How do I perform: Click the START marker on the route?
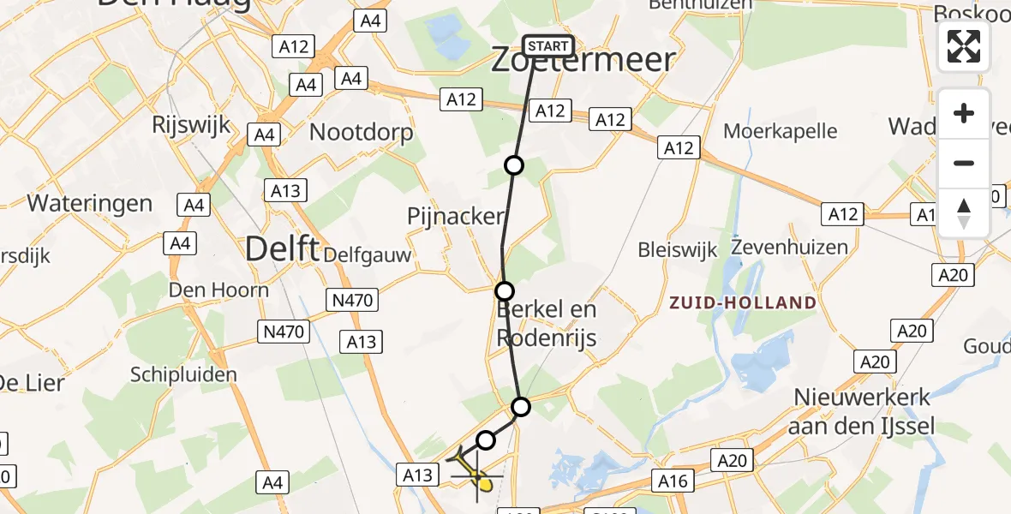pos(547,46)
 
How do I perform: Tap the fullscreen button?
pos(964,46)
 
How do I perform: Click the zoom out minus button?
pos(964,163)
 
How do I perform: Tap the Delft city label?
pos(282,249)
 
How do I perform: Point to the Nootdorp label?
pos(361,132)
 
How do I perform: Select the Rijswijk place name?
pos(191,124)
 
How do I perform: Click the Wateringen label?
pos(90,203)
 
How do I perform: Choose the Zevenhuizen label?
pos(789,248)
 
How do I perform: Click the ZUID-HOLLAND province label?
pos(743,302)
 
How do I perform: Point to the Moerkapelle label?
pos(780,131)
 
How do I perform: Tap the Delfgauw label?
pos(380,254)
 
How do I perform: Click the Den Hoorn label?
pos(218,290)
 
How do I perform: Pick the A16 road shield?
pos(673,481)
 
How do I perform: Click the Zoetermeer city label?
pos(583,60)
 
